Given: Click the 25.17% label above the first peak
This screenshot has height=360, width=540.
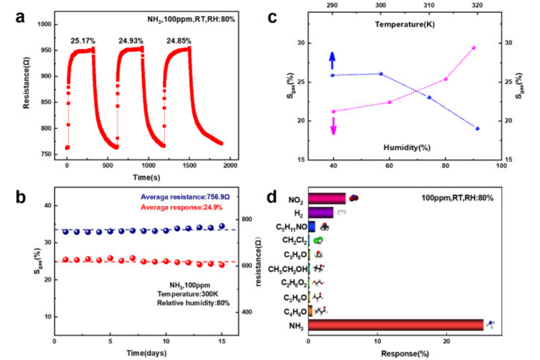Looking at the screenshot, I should (83, 40).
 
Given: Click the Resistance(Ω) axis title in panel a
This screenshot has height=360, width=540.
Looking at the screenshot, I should (26, 90).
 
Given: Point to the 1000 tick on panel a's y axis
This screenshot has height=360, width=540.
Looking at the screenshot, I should (45, 25).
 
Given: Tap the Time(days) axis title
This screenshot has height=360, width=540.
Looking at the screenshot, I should (146, 352).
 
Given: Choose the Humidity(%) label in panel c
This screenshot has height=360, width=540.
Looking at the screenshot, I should (407, 147).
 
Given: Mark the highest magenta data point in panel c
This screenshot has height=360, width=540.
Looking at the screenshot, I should (473, 48).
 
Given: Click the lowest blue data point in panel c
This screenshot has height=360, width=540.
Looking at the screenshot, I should (477, 128).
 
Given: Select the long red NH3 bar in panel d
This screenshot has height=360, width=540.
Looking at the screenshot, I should (395, 325).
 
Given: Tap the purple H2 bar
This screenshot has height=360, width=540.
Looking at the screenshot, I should (321, 212).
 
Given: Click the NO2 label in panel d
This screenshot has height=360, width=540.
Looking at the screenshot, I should (296, 199).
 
